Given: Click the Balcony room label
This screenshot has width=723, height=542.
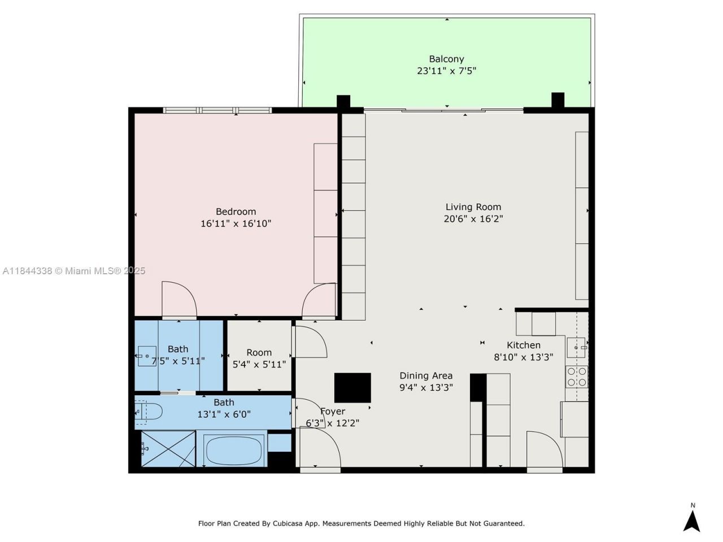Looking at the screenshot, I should point(446,59).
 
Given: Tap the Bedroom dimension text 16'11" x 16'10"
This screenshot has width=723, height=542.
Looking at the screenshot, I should point(236,224).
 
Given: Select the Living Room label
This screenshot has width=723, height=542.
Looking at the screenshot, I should point(473,207).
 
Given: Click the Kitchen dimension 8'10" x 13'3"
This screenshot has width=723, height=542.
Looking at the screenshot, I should point(523,357).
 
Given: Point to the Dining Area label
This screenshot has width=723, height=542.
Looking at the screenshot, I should point(426,375).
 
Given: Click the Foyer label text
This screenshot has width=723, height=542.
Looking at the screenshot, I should point(333,412).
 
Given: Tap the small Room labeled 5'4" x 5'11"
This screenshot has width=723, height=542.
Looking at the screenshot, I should point(259,358).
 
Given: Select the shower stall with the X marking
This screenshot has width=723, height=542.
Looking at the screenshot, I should point(168,449).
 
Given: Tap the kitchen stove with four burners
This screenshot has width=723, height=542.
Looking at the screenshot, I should point(577,377).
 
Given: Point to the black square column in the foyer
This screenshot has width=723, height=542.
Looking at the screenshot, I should point(352,387).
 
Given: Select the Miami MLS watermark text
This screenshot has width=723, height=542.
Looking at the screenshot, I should point(73,271).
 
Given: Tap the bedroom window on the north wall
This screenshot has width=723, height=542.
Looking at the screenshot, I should point(217,110).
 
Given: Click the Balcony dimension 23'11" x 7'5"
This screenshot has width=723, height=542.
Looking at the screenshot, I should point(446,71).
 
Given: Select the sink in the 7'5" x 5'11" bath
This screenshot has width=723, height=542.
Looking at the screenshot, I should point(147,356).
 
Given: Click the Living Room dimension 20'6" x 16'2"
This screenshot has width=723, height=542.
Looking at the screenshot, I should point(473,219).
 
